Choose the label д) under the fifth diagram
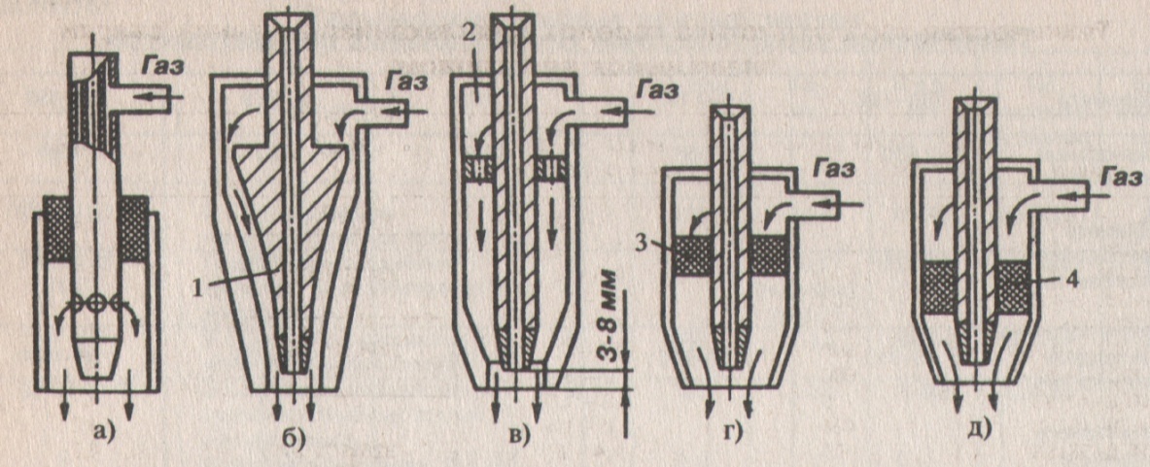pos(973,429)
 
